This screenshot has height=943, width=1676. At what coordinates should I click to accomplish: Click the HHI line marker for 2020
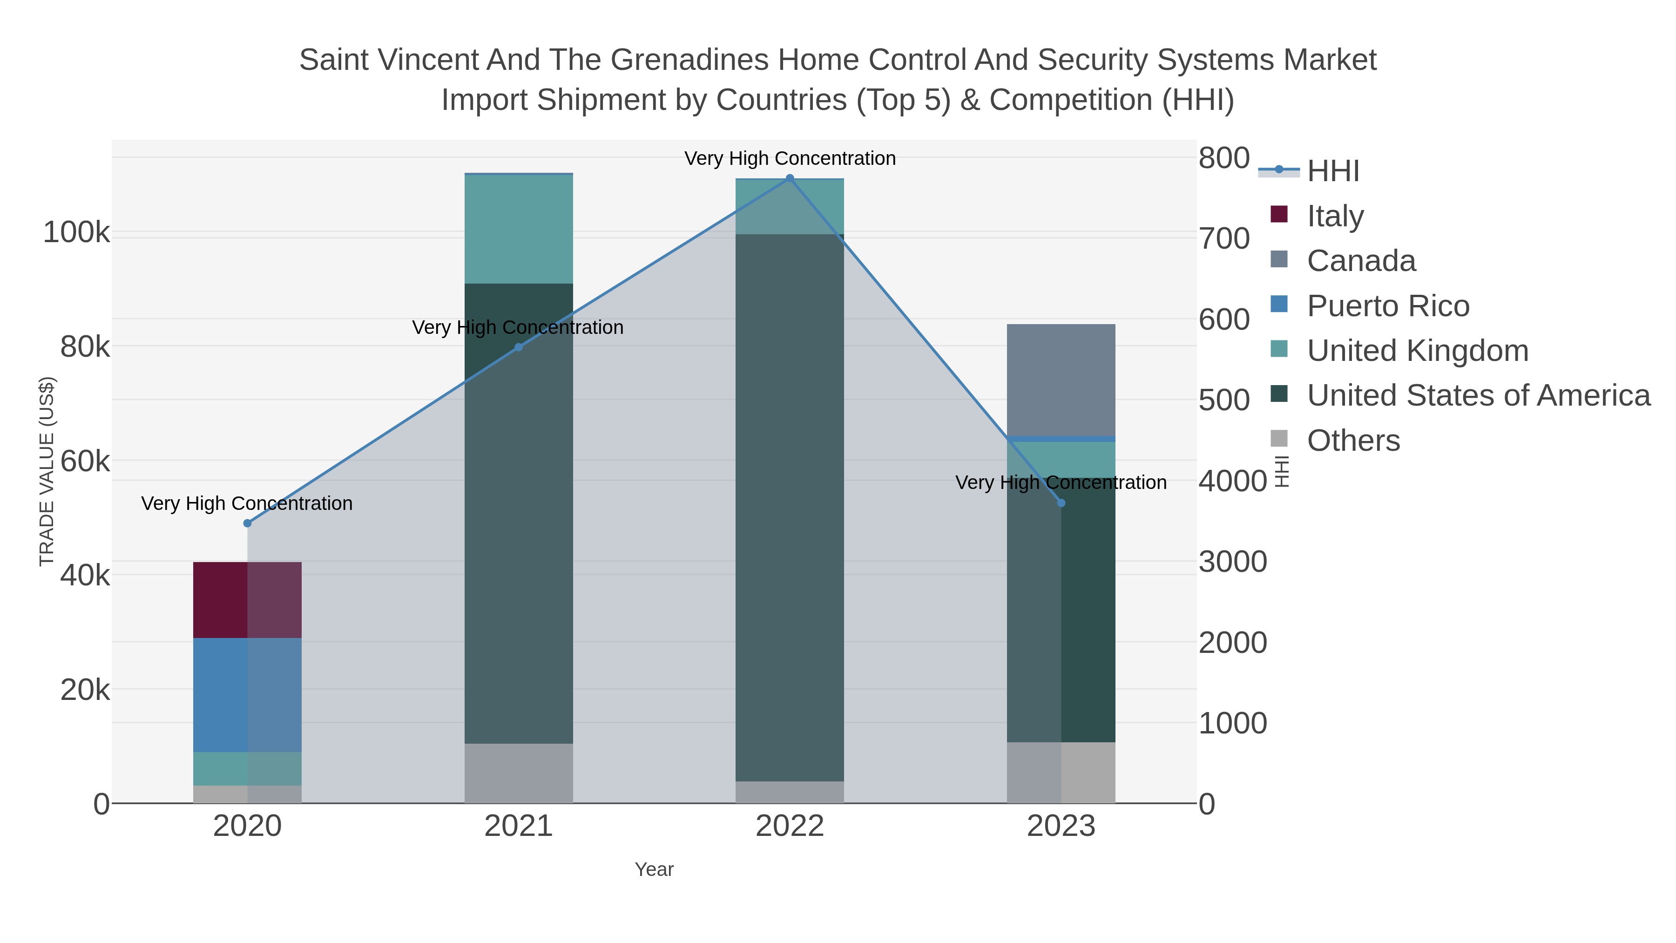tap(247, 523)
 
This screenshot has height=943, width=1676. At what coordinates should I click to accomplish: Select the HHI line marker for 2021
tap(519, 347)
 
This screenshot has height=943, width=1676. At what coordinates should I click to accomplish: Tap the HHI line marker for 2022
tap(790, 178)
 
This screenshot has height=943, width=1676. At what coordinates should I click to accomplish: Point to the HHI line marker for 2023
tap(1061, 503)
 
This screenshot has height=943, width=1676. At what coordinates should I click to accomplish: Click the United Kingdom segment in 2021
tap(519, 229)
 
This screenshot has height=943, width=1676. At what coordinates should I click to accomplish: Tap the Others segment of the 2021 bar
tap(519, 773)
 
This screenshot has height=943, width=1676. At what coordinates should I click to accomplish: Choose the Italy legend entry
tap(1335, 216)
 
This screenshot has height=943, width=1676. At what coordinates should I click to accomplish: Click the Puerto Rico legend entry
tap(1388, 306)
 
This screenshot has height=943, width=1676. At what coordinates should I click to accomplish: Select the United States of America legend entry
tap(1478, 396)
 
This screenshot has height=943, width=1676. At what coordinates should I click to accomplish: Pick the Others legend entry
tap(1353, 441)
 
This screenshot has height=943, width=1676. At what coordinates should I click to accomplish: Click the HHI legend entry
tap(1332, 171)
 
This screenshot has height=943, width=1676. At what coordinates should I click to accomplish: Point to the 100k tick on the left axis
tap(76, 232)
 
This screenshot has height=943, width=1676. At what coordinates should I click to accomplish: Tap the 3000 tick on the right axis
tap(1233, 562)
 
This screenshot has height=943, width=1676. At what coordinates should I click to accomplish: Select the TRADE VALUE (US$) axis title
tap(47, 471)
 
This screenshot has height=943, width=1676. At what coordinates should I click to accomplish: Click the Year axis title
tap(654, 869)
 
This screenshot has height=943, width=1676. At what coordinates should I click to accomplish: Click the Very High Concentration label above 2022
tap(790, 158)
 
